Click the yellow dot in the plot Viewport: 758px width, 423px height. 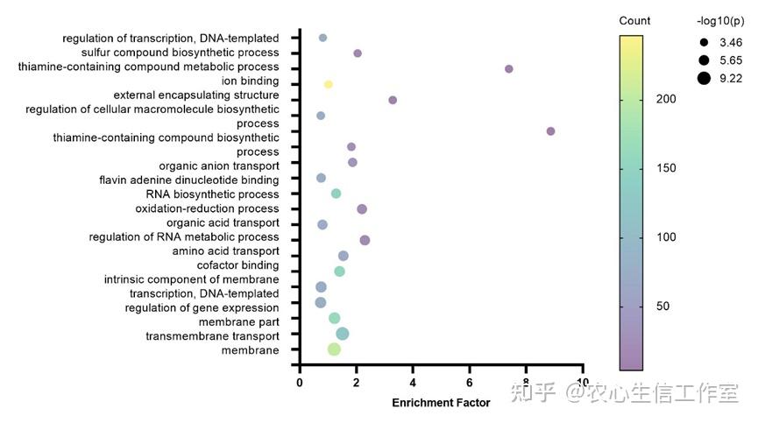(x=328, y=84)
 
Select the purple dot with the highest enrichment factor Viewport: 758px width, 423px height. (x=550, y=131)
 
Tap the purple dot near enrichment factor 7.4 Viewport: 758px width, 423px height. (x=508, y=68)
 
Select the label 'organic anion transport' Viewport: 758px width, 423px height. (x=219, y=166)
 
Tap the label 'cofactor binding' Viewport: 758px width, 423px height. (x=237, y=265)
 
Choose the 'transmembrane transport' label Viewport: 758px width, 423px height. (x=212, y=336)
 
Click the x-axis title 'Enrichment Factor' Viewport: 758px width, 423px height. (x=441, y=403)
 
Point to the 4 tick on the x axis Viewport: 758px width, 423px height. (x=413, y=383)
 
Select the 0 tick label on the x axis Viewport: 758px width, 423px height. (x=300, y=383)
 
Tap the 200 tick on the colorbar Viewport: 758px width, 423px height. (x=665, y=100)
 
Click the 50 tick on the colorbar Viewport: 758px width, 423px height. (x=662, y=306)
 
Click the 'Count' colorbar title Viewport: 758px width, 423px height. (x=634, y=21)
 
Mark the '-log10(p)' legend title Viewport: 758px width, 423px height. (x=719, y=21)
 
